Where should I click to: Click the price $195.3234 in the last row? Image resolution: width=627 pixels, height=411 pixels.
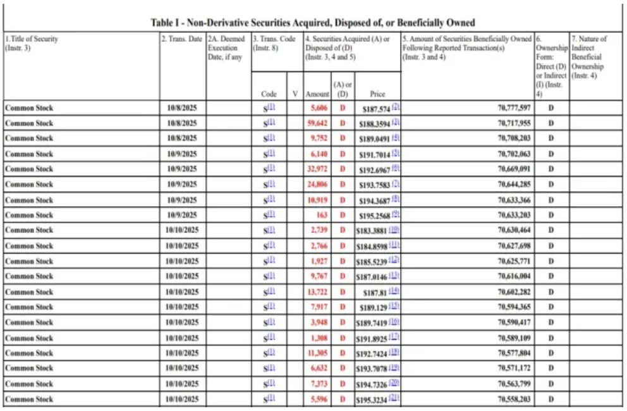[x=372, y=400]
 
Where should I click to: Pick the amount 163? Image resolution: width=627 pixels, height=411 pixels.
[x=321, y=215]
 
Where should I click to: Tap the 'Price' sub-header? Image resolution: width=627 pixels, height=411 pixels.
[x=378, y=94]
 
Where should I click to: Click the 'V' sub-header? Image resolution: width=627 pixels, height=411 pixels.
[x=295, y=94]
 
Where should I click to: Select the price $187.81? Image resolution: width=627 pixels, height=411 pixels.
[x=376, y=292]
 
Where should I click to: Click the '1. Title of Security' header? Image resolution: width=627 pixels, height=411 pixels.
[x=32, y=43]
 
